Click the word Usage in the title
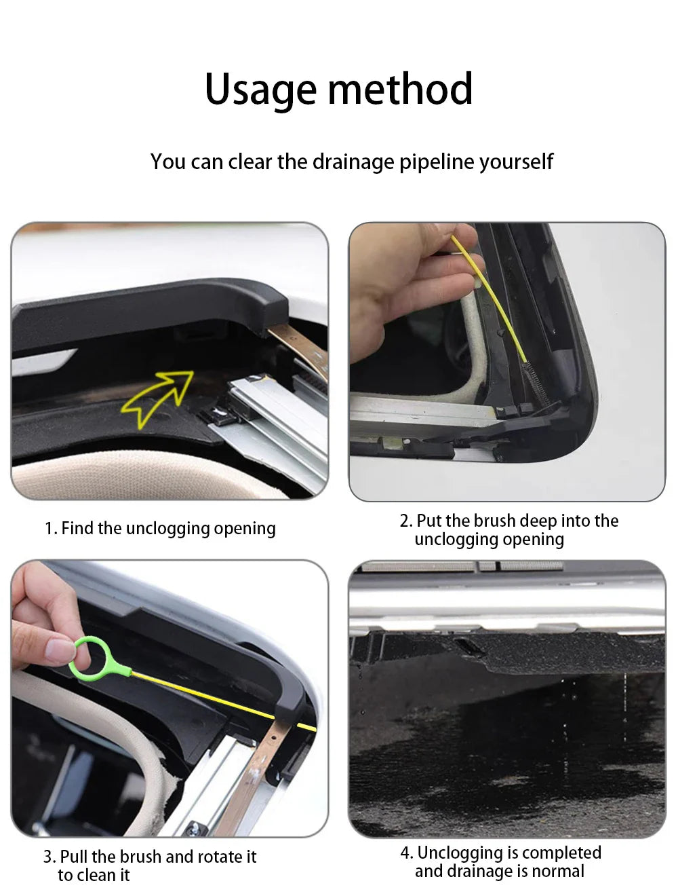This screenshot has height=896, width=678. [260, 90]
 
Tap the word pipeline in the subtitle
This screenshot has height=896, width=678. [436, 162]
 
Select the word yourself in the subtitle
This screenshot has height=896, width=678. [516, 162]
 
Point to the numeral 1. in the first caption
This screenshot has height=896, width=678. [51, 528]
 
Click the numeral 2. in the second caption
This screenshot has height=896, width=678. [406, 521]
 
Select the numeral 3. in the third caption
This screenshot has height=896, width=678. [49, 857]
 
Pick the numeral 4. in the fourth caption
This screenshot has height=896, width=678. [407, 853]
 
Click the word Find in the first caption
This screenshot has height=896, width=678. [77, 528]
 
